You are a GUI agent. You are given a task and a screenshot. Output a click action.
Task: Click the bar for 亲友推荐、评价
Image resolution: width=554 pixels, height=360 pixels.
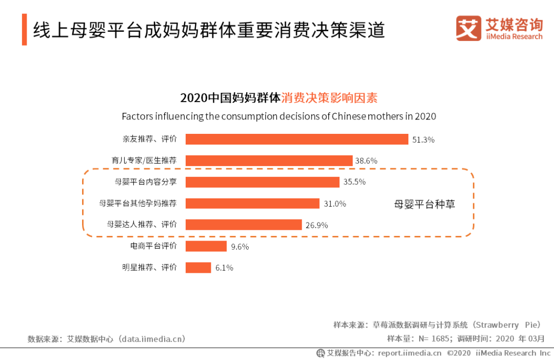(296, 139)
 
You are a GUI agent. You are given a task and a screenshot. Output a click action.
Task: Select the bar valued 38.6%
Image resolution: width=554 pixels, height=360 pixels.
(269, 161)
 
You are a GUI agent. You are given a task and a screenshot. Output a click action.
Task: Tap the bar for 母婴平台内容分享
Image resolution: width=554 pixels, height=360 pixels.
(262, 182)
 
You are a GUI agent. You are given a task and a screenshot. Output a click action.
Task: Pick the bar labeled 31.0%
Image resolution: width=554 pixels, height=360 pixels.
(252, 204)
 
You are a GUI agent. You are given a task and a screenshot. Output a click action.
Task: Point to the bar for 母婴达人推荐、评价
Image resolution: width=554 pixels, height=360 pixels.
(243, 225)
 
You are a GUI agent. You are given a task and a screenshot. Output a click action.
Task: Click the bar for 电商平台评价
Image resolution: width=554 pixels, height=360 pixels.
(206, 246)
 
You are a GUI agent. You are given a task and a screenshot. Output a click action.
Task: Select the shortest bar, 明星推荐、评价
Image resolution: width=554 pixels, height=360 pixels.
(198, 268)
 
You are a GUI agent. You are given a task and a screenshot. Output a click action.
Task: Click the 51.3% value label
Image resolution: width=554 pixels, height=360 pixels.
(423, 139)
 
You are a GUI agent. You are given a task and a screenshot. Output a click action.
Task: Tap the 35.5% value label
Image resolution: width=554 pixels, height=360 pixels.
(354, 183)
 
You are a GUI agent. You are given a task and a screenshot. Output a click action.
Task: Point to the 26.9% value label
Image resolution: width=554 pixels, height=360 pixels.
(316, 225)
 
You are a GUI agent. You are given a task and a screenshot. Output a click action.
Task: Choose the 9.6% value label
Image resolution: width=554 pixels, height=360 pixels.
(240, 247)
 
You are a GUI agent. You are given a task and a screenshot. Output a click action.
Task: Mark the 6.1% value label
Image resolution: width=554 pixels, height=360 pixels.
(224, 268)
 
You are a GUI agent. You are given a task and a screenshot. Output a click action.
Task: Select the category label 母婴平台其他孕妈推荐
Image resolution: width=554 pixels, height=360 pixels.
(137, 204)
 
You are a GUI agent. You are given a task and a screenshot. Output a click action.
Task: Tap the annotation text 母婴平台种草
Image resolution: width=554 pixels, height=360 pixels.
(424, 204)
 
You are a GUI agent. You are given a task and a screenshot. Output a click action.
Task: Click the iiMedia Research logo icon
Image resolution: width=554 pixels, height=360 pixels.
(468, 28)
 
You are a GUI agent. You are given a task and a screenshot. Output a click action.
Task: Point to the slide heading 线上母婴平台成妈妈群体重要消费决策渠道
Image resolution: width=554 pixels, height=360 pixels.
(209, 30)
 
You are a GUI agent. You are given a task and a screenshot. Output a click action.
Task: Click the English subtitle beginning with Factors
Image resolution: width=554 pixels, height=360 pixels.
(279, 116)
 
